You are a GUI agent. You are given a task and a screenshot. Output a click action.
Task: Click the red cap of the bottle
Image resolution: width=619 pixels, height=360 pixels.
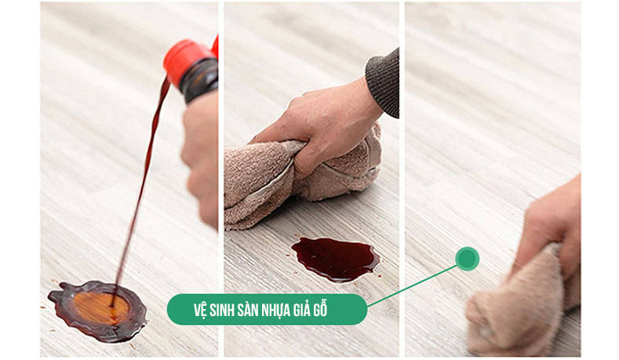click(187, 56)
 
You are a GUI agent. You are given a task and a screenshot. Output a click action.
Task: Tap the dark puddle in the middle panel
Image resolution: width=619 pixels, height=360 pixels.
click(335, 258)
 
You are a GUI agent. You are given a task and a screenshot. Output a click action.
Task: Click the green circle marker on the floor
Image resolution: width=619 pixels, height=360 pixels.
click(467, 259)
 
